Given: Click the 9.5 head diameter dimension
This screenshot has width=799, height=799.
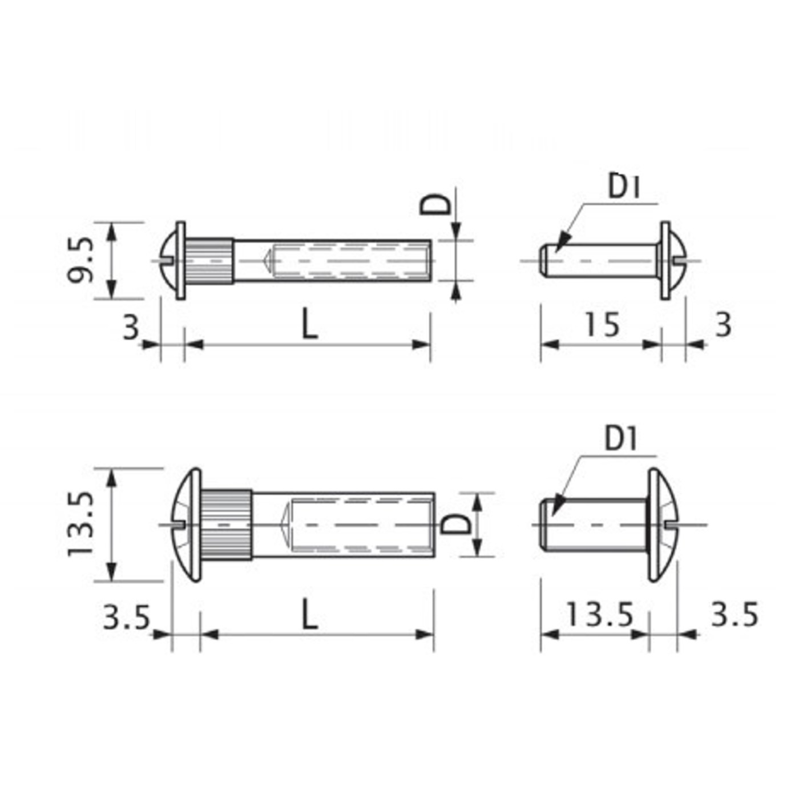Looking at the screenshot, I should pyautogui.click(x=79, y=260).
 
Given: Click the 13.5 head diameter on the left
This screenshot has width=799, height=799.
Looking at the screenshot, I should pyautogui.click(x=79, y=524).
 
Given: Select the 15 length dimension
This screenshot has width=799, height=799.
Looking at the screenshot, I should pyautogui.click(x=602, y=325).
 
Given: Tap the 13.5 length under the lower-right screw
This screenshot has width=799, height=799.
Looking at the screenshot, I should pyautogui.click(x=599, y=615).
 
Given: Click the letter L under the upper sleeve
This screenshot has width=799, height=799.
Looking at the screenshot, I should pyautogui.click(x=309, y=326).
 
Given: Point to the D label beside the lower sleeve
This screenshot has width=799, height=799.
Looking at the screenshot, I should pyautogui.click(x=457, y=524).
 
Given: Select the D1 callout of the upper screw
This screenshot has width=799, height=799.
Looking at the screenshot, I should pyautogui.click(x=624, y=187).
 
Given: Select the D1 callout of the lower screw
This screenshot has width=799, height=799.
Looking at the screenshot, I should pyautogui.click(x=621, y=439).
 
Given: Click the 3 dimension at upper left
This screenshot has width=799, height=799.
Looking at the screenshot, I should pyautogui.click(x=131, y=328).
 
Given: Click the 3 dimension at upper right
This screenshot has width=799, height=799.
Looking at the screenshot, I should pyautogui.click(x=723, y=325).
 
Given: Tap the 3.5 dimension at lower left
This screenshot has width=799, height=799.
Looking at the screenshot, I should pyautogui.click(x=126, y=617).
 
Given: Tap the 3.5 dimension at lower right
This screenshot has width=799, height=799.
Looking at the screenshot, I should pyautogui.click(x=735, y=615).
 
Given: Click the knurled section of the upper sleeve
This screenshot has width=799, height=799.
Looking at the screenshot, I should pyautogui.click(x=210, y=261).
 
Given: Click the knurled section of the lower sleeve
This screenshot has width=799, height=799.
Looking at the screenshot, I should pyautogui.click(x=227, y=524).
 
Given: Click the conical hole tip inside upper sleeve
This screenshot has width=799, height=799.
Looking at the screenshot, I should pyautogui.click(x=266, y=261).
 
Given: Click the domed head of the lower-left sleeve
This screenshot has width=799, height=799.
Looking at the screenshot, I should pyautogui.click(x=186, y=524).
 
